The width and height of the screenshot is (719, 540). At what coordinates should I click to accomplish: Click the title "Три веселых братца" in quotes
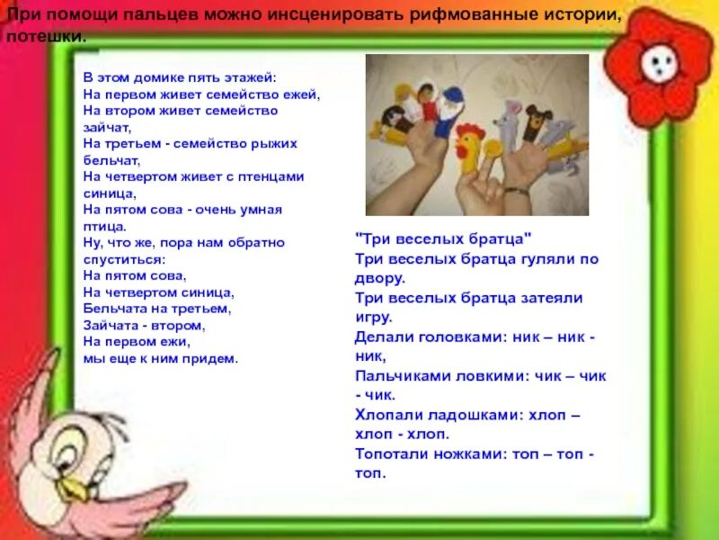(444, 238)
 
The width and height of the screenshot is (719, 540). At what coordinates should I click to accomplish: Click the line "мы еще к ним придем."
(160, 358)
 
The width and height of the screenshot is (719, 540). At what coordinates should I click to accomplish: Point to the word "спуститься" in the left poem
(118, 258)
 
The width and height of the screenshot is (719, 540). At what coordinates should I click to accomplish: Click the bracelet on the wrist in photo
(515, 189)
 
